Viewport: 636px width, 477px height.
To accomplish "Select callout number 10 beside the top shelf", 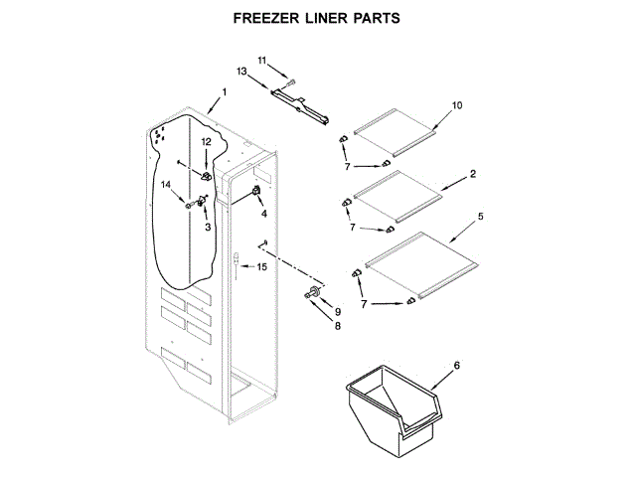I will click(x=458, y=105).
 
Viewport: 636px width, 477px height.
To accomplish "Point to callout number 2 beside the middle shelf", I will click(x=473, y=173).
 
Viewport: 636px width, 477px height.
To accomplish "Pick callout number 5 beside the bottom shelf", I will click(x=481, y=216).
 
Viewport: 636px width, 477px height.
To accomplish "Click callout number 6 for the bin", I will click(x=457, y=366).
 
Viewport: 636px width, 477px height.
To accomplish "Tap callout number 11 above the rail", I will click(x=262, y=61).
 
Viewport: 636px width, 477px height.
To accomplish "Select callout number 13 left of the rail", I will click(x=242, y=72).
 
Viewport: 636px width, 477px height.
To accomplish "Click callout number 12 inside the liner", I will click(x=207, y=142).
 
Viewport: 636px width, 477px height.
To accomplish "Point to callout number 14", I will click(x=166, y=184).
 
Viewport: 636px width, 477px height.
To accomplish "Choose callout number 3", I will click(x=208, y=228).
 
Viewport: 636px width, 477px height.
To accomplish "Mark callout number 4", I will click(x=264, y=213).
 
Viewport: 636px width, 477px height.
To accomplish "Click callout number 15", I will click(x=262, y=266).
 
